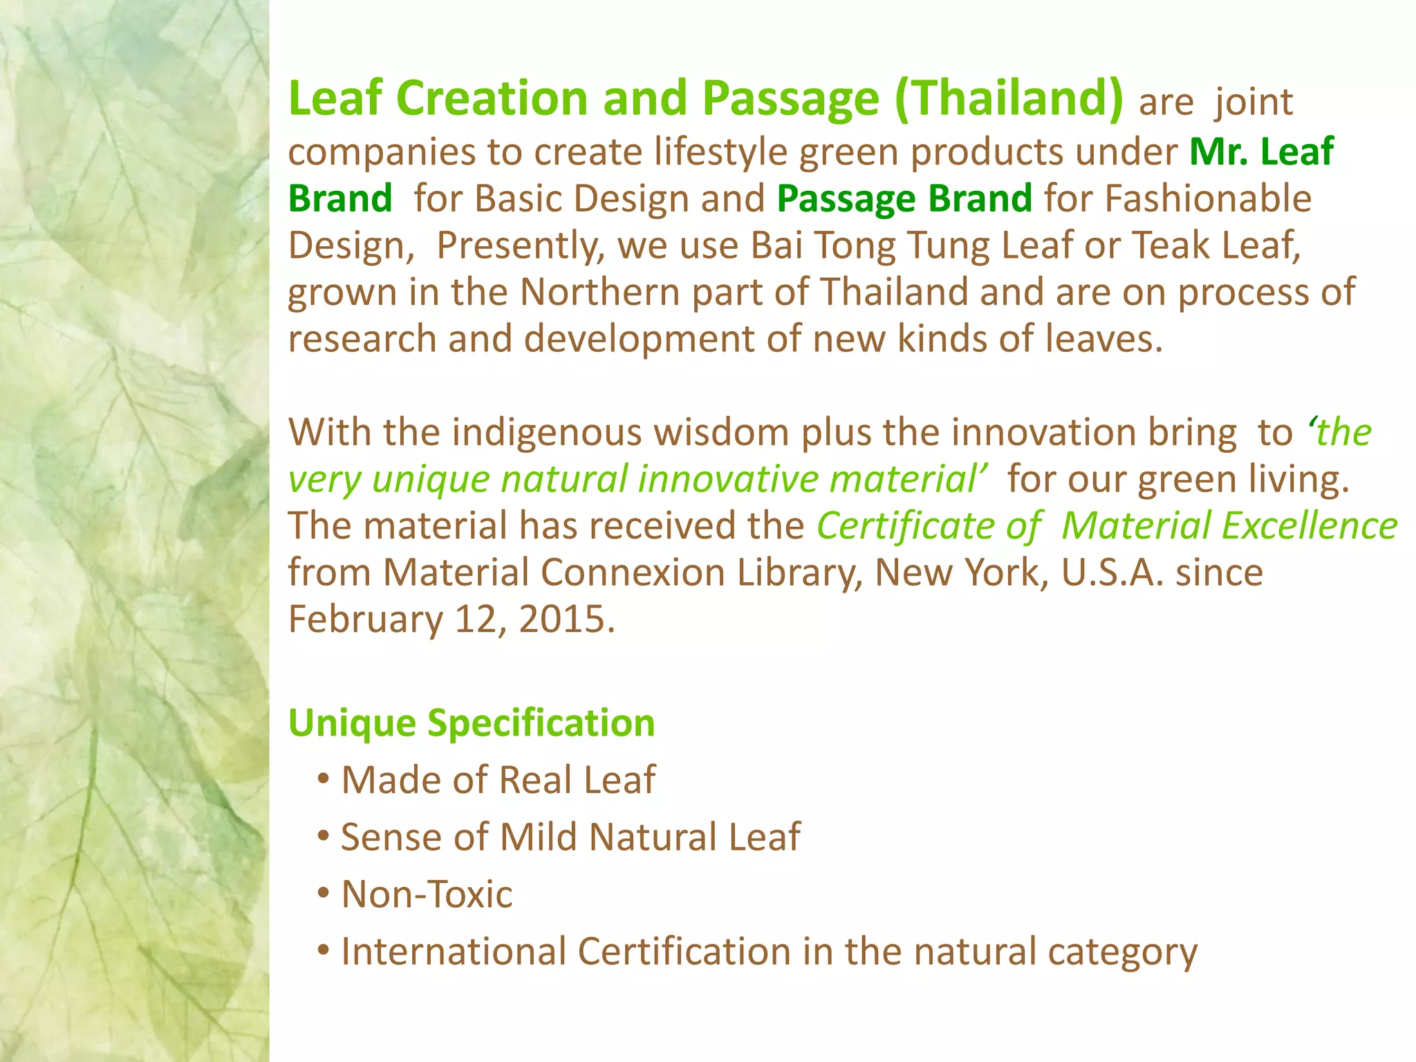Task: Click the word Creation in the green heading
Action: click(492, 98)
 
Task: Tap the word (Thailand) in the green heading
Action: click(1009, 98)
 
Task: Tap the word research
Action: click(362, 339)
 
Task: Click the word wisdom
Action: click(722, 433)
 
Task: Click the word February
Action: click(365, 619)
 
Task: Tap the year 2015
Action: click(562, 619)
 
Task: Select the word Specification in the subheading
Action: click(541, 723)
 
